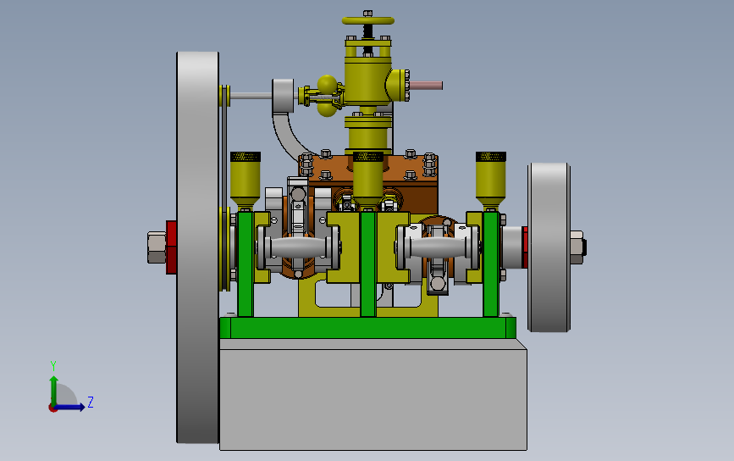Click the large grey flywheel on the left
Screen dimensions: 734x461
(197, 247)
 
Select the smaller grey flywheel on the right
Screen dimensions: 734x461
(549, 247)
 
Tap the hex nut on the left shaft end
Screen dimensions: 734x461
(157, 247)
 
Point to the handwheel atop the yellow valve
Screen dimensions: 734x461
(368, 20)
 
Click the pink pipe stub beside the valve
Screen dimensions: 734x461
(426, 86)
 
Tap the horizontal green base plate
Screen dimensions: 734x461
(368, 327)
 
